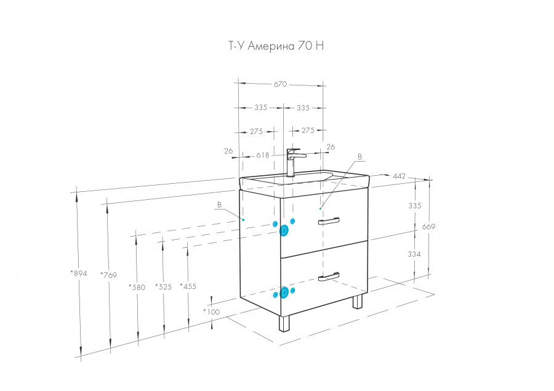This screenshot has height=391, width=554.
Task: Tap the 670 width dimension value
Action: click(x=280, y=84)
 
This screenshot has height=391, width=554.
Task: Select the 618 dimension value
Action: click(x=264, y=156)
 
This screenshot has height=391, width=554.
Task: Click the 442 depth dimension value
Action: click(x=399, y=176)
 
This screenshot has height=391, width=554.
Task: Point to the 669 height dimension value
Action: click(x=429, y=227)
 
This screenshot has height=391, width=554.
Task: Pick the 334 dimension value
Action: click(x=415, y=253)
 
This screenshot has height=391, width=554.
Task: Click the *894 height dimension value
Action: click(x=79, y=273)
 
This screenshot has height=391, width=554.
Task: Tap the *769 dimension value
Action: click(x=108, y=275)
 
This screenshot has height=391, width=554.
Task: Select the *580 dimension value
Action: click(x=137, y=286)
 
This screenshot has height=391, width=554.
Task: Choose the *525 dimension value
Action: click(x=163, y=286)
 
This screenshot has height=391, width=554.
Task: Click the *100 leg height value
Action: click(x=211, y=312)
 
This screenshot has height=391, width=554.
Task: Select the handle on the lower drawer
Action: click(x=329, y=277)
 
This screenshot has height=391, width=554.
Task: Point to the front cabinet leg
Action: click(x=284, y=324)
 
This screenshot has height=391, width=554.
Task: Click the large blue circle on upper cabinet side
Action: click(x=284, y=231)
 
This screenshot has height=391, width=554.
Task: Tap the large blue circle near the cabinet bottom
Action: click(x=284, y=293)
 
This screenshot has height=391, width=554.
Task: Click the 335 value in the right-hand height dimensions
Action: click(x=415, y=206)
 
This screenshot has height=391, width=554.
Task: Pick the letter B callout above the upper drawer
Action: click(x=360, y=157)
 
